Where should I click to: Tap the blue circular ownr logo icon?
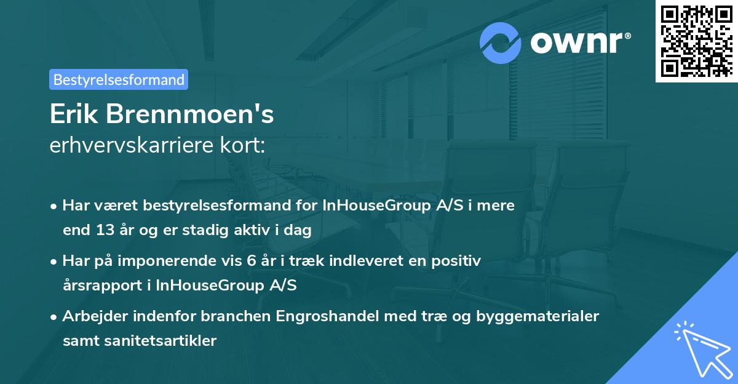(x=501, y=42)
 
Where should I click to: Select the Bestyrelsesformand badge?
(x=119, y=79)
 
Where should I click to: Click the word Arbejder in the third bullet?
(x=92, y=316)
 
